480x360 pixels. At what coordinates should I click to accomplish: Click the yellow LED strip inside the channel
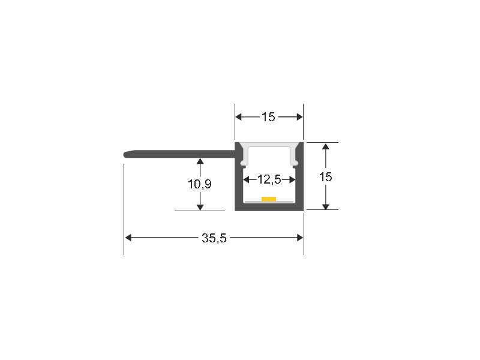click(x=269, y=199)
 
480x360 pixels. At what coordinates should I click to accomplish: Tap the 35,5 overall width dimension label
click(x=214, y=238)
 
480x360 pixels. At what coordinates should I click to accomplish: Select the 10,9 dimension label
click(x=200, y=184)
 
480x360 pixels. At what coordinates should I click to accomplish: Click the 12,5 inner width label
click(x=269, y=179)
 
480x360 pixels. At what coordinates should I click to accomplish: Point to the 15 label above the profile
click(x=268, y=117)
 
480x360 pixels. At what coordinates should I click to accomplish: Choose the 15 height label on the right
click(x=325, y=177)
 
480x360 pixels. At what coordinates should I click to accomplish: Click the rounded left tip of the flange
click(x=125, y=154)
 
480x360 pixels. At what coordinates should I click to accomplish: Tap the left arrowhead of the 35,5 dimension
click(x=128, y=238)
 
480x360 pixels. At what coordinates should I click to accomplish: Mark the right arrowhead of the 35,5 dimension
click(x=299, y=238)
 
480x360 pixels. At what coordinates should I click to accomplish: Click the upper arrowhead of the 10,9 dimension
click(x=200, y=161)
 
